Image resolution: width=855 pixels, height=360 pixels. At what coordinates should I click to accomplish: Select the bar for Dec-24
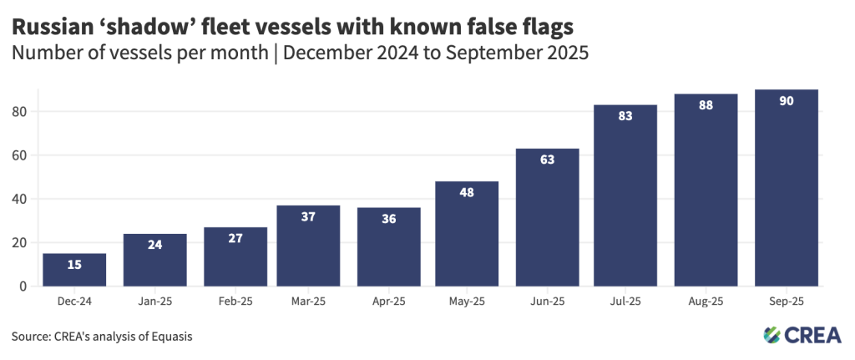(x=74, y=270)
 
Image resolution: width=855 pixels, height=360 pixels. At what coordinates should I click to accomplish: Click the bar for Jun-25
(x=547, y=217)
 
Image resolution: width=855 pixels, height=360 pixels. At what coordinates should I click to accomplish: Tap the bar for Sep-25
(x=786, y=188)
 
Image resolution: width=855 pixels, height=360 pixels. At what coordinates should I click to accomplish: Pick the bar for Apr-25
(x=388, y=246)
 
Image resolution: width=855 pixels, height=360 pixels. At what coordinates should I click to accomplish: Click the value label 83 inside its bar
(x=625, y=116)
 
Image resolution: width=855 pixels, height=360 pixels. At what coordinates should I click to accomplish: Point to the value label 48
(x=468, y=193)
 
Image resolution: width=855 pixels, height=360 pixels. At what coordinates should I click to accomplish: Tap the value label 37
(x=309, y=217)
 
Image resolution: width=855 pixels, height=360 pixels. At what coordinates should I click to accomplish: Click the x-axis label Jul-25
(x=626, y=302)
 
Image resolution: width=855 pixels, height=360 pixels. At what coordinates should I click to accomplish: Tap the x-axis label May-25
(x=468, y=302)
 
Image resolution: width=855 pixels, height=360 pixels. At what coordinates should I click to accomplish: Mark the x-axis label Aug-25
(x=706, y=302)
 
